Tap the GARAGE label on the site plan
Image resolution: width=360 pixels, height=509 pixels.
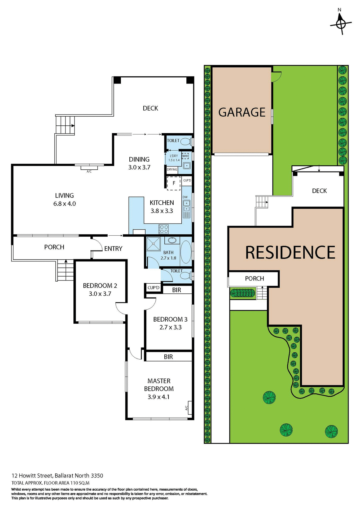[242, 112]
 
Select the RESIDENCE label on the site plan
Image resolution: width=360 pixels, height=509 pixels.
[290, 252]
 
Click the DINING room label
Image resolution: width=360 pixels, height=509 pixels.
[139, 160]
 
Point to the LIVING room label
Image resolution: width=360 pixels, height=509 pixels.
[64, 196]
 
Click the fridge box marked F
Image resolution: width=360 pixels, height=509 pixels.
[174, 183]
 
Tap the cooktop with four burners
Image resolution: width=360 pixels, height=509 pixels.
[164, 229]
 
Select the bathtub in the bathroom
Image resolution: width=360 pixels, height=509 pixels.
[186, 252]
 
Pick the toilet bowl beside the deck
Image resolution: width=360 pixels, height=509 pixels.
[186, 142]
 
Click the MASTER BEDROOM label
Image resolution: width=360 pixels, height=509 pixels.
[159, 385]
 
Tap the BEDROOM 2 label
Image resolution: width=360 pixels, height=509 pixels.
[100, 286]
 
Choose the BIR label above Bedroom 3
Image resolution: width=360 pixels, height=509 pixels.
[177, 290]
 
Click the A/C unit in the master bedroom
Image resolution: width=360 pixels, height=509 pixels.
[189, 407]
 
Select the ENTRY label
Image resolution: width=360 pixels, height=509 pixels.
[113, 249]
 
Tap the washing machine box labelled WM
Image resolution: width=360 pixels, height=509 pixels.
[185, 156]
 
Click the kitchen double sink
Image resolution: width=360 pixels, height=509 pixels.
[187, 206]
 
